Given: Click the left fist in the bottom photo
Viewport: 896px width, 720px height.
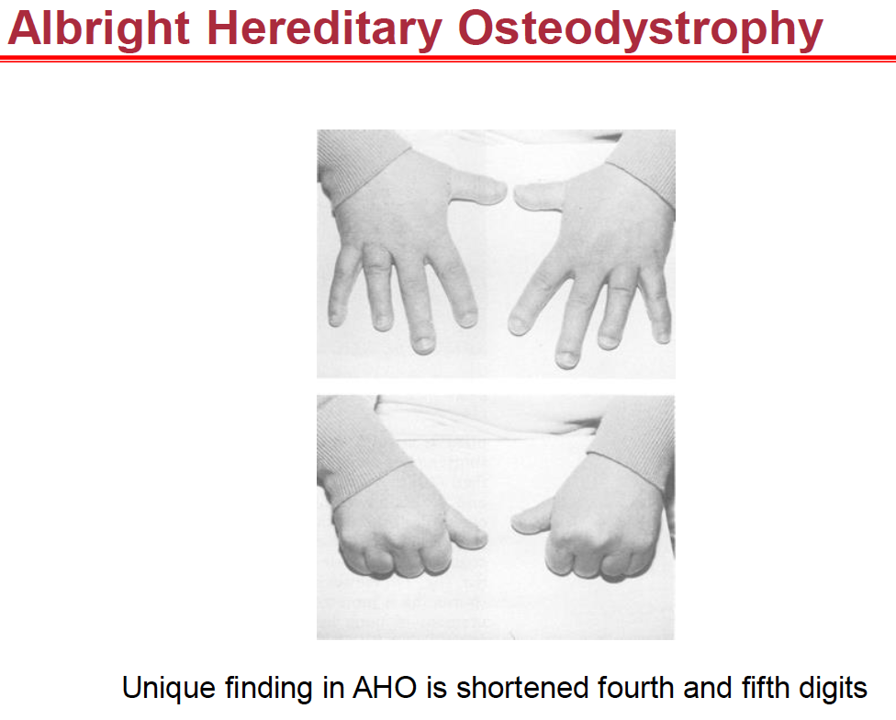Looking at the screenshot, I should click(x=390, y=537).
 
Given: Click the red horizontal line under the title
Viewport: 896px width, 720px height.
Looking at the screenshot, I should click(x=448, y=58).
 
